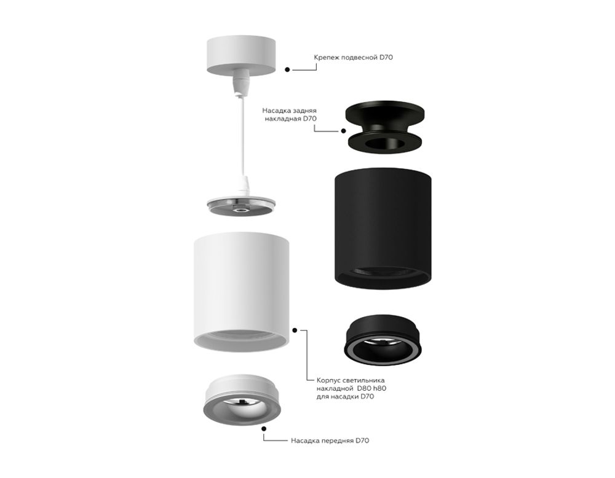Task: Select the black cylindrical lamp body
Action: pos(381,227)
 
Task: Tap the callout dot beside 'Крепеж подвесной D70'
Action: pos(287,70)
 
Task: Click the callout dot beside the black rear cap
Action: pos(343,130)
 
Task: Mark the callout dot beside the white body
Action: pos(295,330)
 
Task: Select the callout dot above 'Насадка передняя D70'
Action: pos(264,428)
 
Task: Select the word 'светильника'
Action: pos(363,380)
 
